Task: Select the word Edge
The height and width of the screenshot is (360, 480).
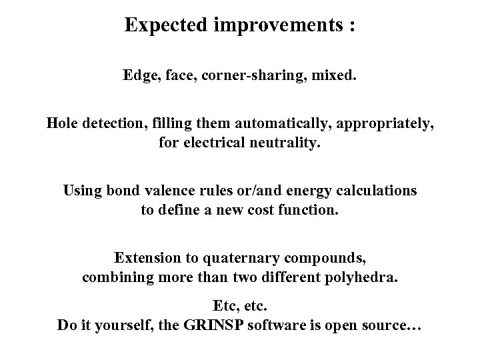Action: point(138,75)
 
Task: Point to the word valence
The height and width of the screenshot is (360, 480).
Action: point(175,191)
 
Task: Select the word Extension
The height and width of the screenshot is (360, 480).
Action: point(147,257)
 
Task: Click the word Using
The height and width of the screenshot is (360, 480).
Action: point(83,191)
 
